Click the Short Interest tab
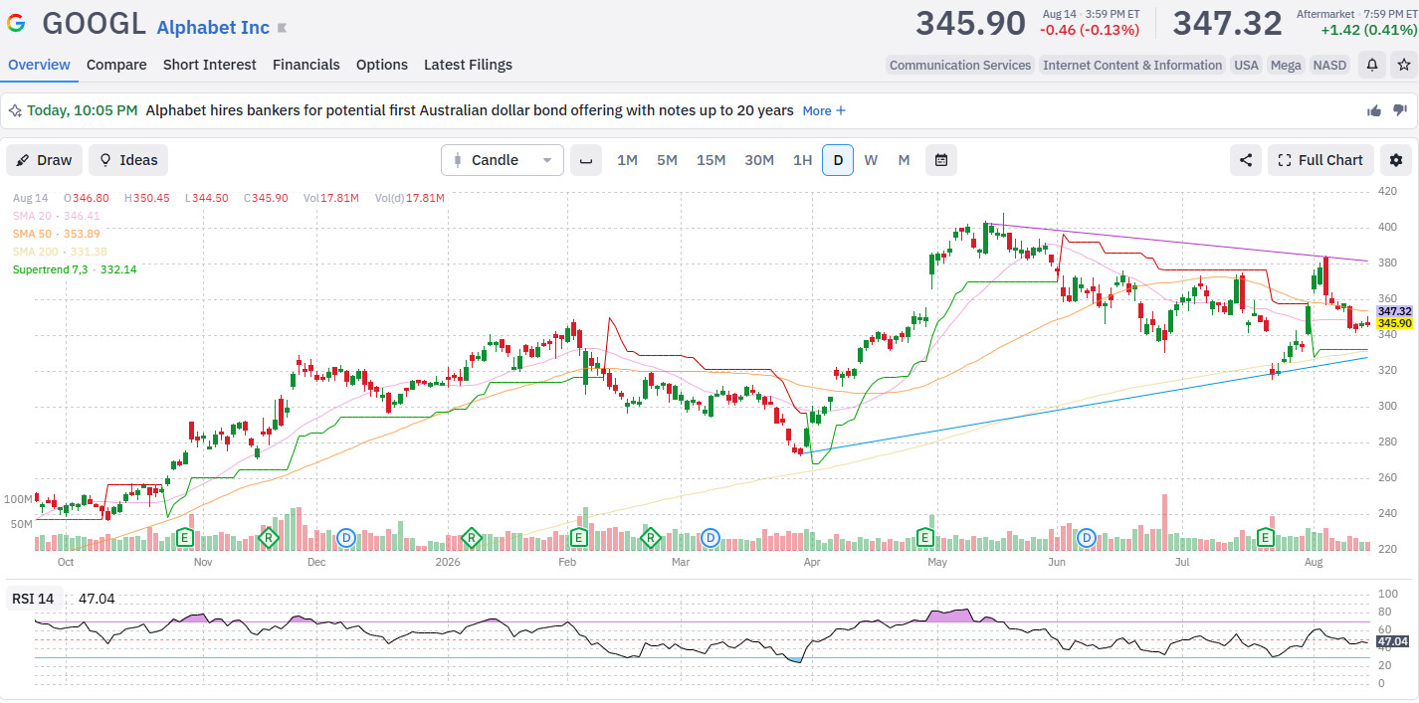pos(209,65)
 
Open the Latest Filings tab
pos(468,65)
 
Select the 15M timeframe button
pos(710,160)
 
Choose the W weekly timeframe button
pos(871,160)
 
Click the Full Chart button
pos(1320,160)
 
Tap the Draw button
pos(44,160)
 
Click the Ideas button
pos(128,160)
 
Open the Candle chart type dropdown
pos(502,160)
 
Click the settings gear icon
pos(1395,160)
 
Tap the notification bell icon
pos(1372,65)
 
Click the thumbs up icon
pos(1374,110)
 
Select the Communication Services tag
pos(959,66)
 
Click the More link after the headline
pos(824,110)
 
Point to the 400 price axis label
pos(1387,227)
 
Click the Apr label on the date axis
pos(811,562)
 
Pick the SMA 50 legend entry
pos(57,234)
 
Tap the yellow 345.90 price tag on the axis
pos(1394,323)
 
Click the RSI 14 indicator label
pos(33,599)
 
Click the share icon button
pos(1246,160)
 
